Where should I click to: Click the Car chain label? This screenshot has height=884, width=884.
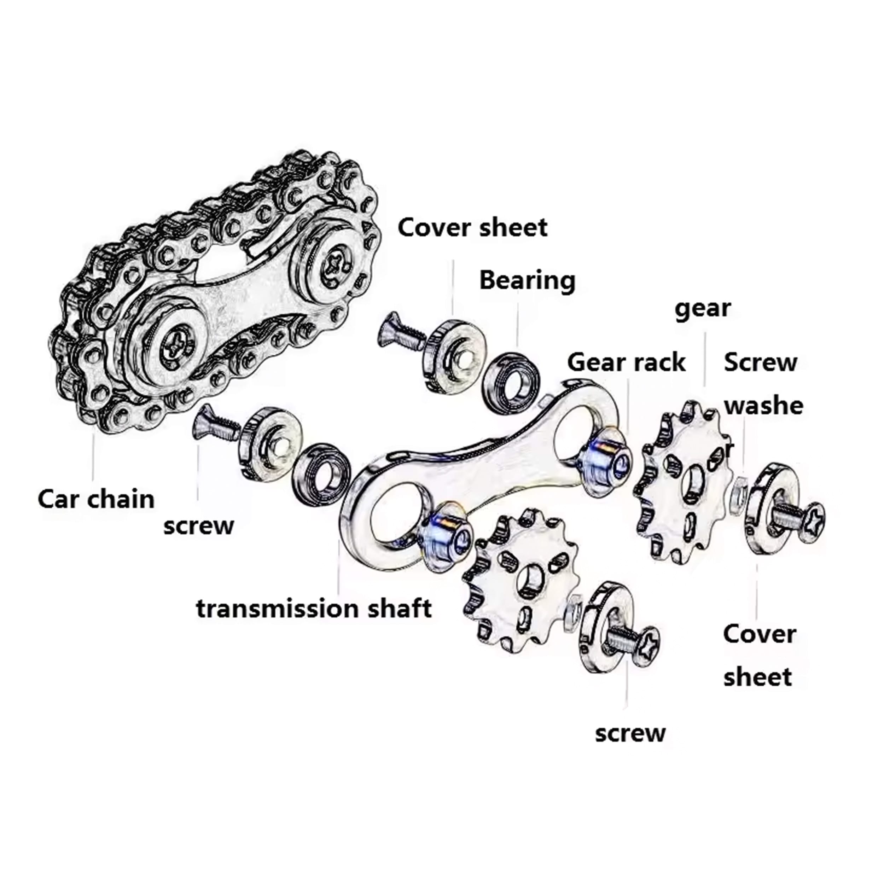tap(96, 499)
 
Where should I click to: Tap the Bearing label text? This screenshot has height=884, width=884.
tap(527, 280)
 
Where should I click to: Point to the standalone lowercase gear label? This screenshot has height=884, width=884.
tap(703, 309)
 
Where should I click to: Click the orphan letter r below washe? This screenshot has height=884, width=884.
tap(730, 449)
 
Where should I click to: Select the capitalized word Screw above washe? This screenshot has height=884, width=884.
tap(761, 363)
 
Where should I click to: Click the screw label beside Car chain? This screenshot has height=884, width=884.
tap(199, 526)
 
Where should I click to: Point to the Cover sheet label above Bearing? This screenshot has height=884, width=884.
tap(472, 227)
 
